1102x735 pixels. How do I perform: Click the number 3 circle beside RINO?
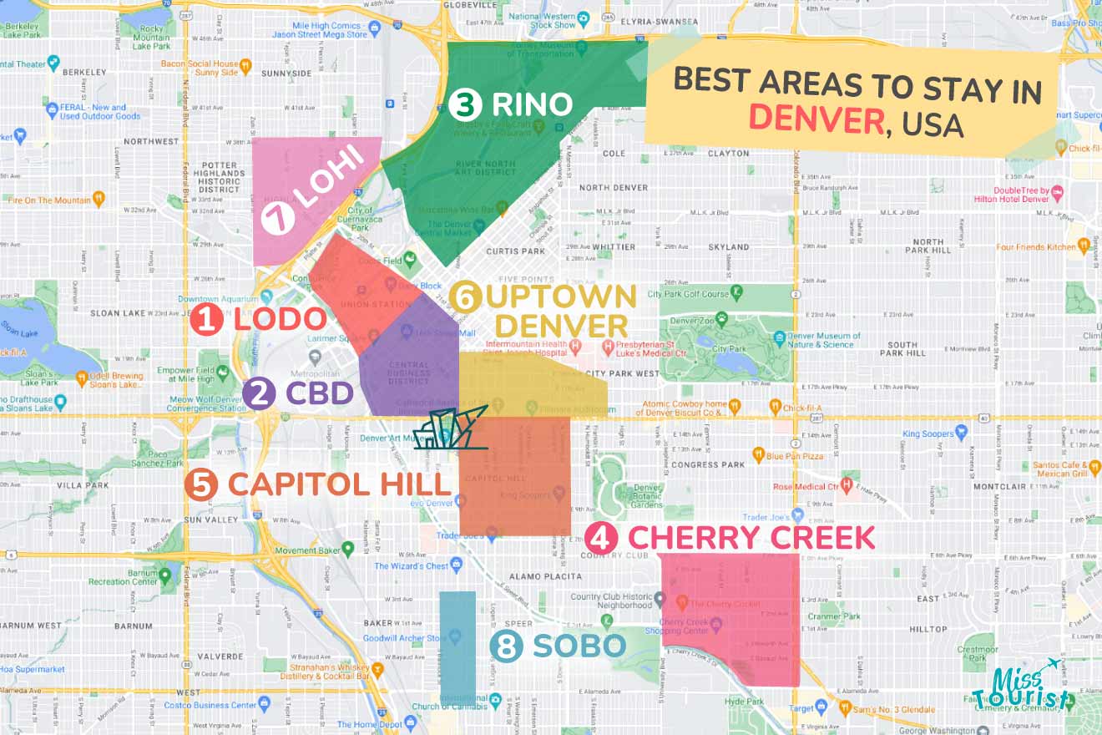465,105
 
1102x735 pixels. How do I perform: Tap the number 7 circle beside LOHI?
277,220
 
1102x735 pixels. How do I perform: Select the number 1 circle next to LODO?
205,319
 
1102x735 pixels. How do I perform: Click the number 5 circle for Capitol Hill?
201,484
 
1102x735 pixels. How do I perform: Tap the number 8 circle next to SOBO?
506,646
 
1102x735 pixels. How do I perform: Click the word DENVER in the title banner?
815,120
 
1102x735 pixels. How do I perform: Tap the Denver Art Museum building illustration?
450,429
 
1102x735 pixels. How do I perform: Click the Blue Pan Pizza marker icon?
758,455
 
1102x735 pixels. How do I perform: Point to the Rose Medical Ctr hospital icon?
847,485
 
